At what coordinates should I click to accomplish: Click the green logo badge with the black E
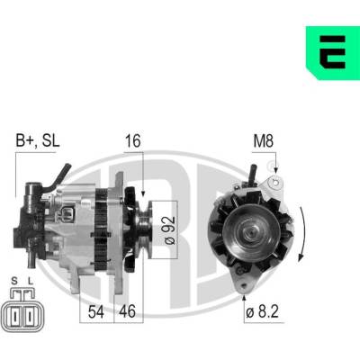pos(333,53)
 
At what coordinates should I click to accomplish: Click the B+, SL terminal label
pos(38,140)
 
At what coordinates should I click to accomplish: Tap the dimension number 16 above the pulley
pos(133,141)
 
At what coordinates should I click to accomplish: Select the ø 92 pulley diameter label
pos(169,230)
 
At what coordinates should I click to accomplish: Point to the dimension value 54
pos(96,311)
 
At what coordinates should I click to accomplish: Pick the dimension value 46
pos(128,311)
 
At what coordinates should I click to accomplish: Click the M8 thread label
pos(264,141)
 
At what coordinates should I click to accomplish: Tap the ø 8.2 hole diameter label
pos(262,312)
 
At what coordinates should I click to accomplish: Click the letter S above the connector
pos(14,281)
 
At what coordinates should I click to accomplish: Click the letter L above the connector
pos(30,281)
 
